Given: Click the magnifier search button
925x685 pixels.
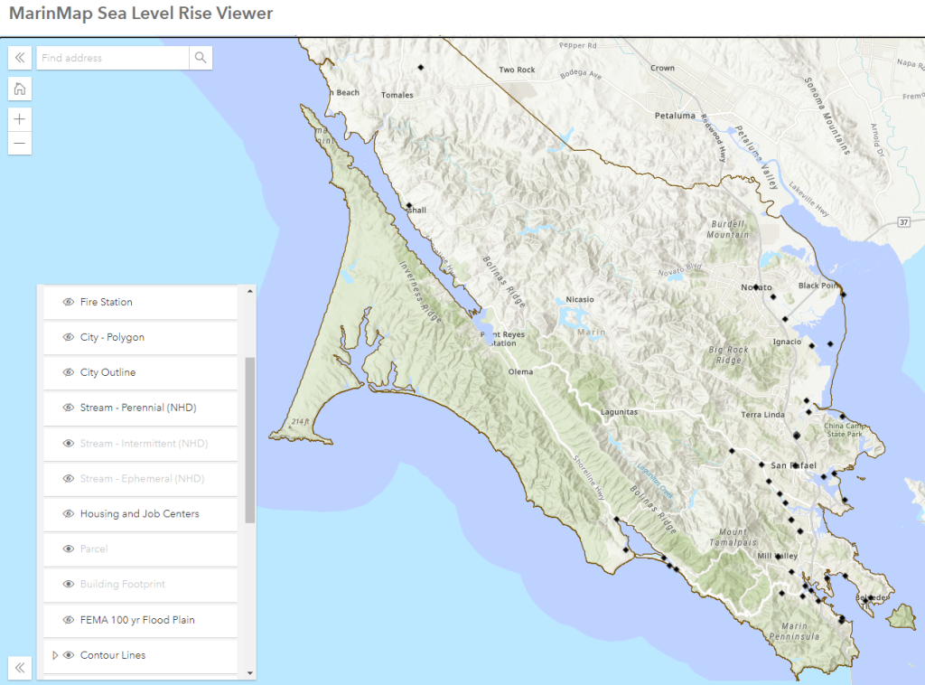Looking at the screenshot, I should click(x=201, y=58).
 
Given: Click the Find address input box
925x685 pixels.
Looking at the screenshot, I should click(x=113, y=58).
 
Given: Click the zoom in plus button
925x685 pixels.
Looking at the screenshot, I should click(x=20, y=118).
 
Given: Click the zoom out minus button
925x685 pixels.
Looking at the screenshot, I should click(x=20, y=143).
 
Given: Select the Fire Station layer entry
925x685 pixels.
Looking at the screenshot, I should click(x=106, y=302).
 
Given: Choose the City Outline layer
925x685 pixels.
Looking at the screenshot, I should click(x=107, y=372).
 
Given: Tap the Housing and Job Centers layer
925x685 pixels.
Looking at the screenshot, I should click(x=139, y=514).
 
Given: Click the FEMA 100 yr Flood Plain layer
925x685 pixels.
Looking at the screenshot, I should click(x=137, y=620).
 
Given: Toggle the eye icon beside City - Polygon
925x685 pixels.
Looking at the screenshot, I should click(x=68, y=337).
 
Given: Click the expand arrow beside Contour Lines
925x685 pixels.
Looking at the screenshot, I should click(x=55, y=655).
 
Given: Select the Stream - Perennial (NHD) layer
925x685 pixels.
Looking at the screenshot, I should click(x=137, y=408).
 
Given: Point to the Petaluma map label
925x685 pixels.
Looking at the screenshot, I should click(x=676, y=116).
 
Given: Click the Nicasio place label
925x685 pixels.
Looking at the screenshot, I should click(x=580, y=299).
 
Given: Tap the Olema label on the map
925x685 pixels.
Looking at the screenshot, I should click(x=520, y=371).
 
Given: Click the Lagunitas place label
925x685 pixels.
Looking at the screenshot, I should click(x=620, y=412).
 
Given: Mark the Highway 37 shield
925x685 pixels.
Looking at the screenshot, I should click(x=903, y=221).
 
